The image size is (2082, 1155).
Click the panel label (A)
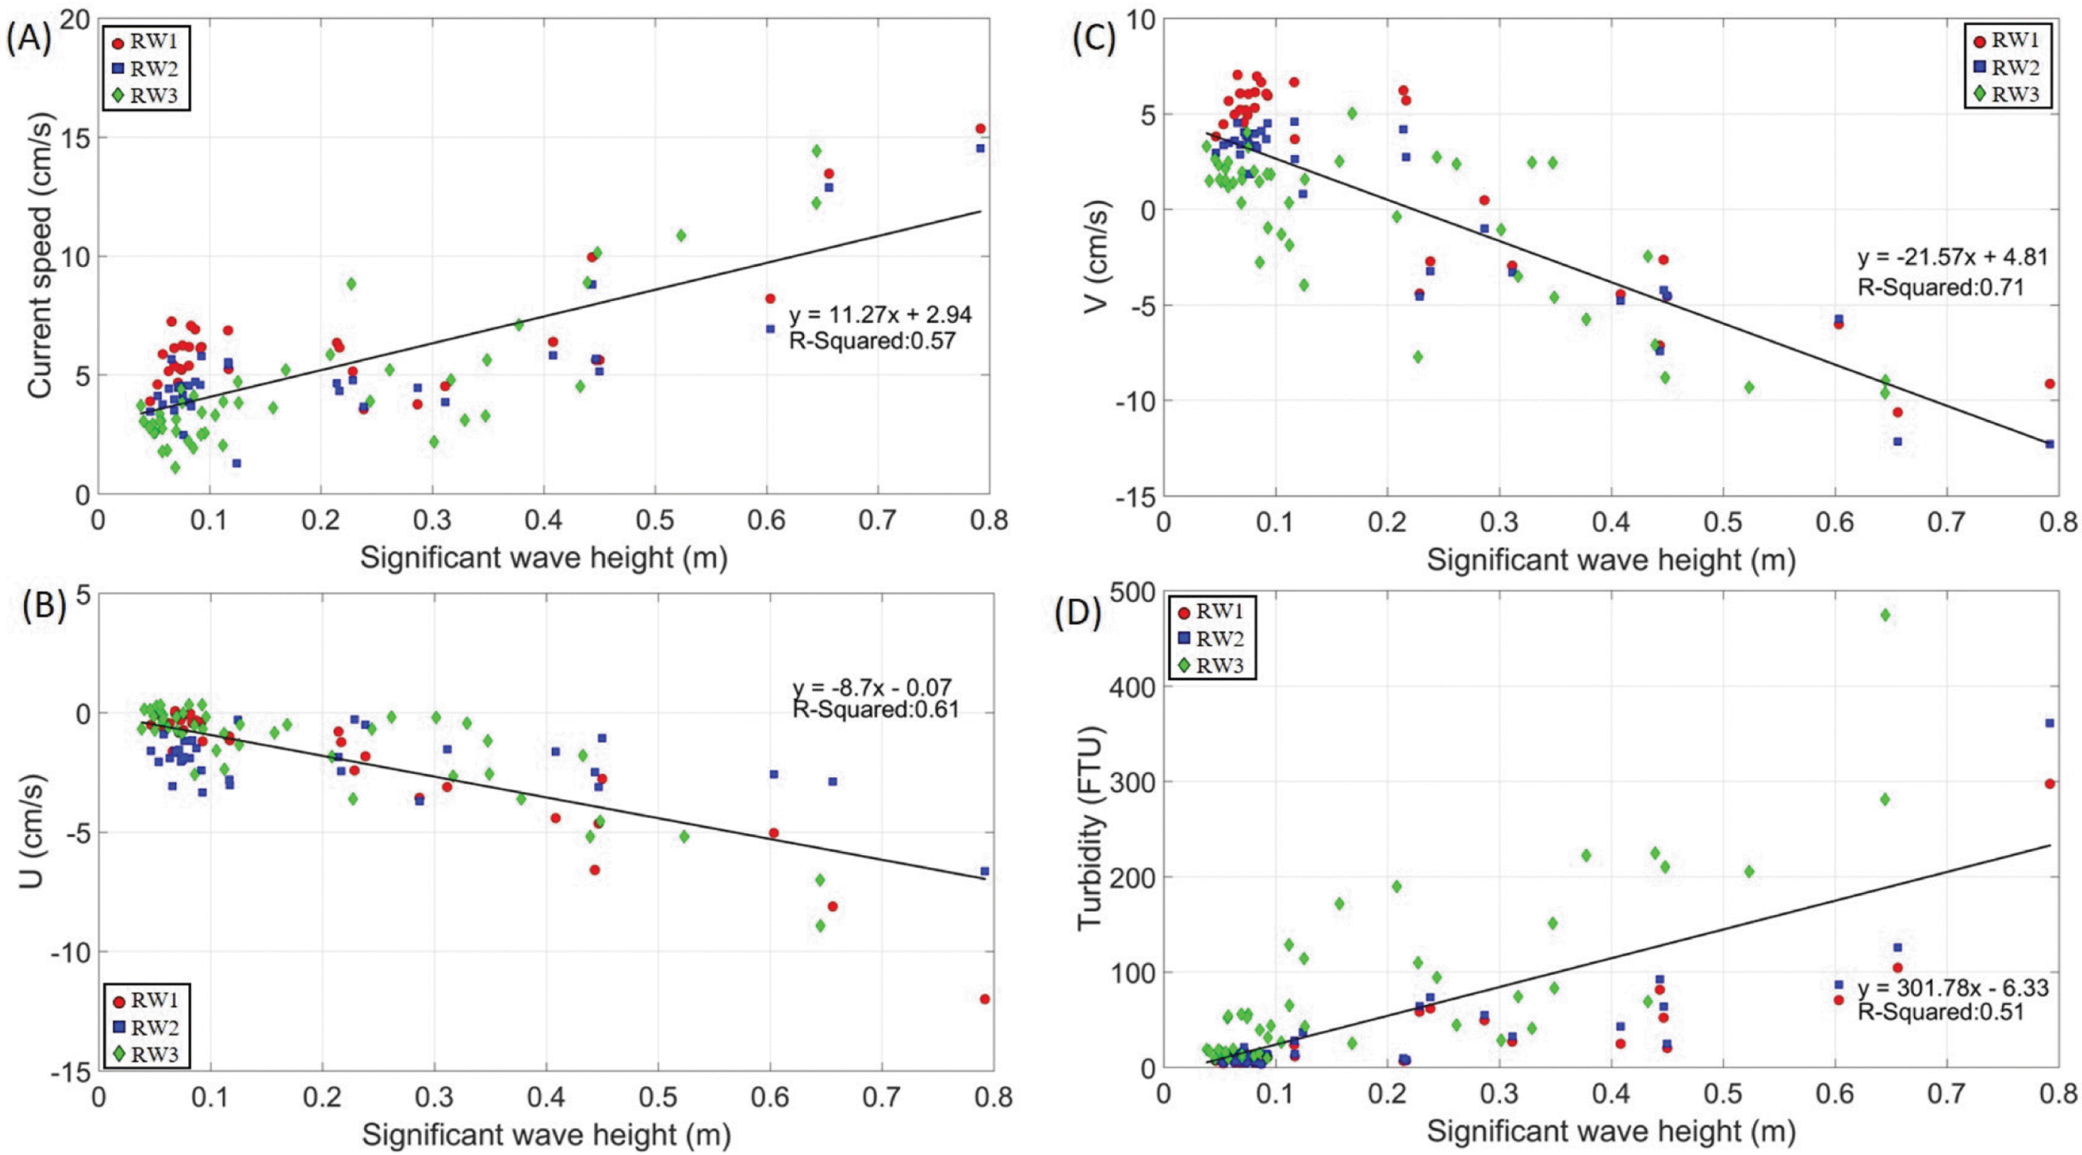[28, 39]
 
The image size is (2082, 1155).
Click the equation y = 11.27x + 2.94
[880, 314]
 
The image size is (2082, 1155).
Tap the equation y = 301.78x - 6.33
[1953, 988]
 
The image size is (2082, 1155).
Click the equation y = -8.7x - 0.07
[872, 688]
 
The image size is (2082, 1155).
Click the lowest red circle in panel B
[984, 999]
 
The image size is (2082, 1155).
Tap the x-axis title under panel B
[547, 1135]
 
